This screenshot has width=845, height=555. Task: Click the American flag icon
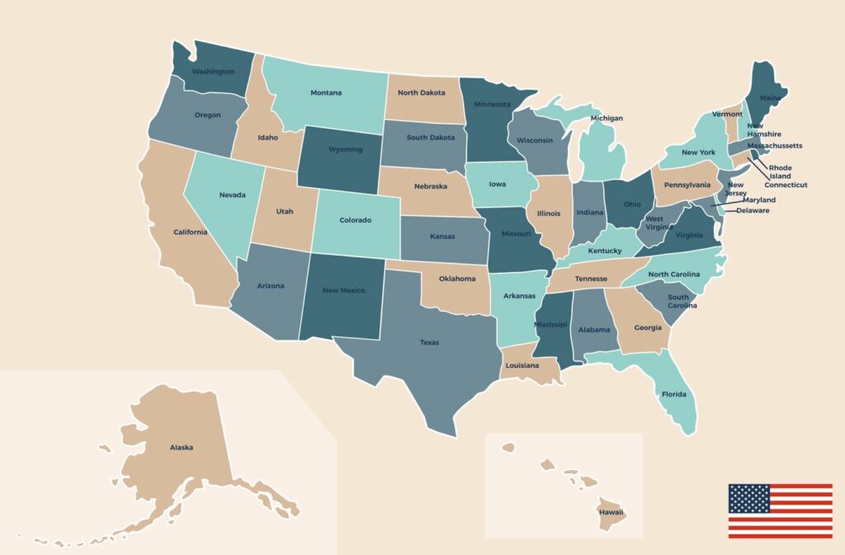point(780,510)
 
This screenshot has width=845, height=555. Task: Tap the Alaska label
point(182,447)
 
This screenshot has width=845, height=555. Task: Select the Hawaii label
point(611,512)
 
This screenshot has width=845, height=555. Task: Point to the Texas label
point(429,342)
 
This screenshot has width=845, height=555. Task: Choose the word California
point(191,232)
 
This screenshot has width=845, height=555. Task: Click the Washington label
point(213,72)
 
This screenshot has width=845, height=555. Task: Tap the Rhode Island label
point(780,172)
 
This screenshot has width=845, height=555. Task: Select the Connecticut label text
point(786,185)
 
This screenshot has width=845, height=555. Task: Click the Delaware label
point(753,210)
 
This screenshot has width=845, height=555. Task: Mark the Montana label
point(326,92)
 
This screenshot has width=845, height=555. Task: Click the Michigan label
point(607,118)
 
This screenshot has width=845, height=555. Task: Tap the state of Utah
point(284,211)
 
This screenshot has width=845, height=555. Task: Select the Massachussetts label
point(774,146)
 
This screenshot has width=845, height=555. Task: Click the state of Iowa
point(498,185)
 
